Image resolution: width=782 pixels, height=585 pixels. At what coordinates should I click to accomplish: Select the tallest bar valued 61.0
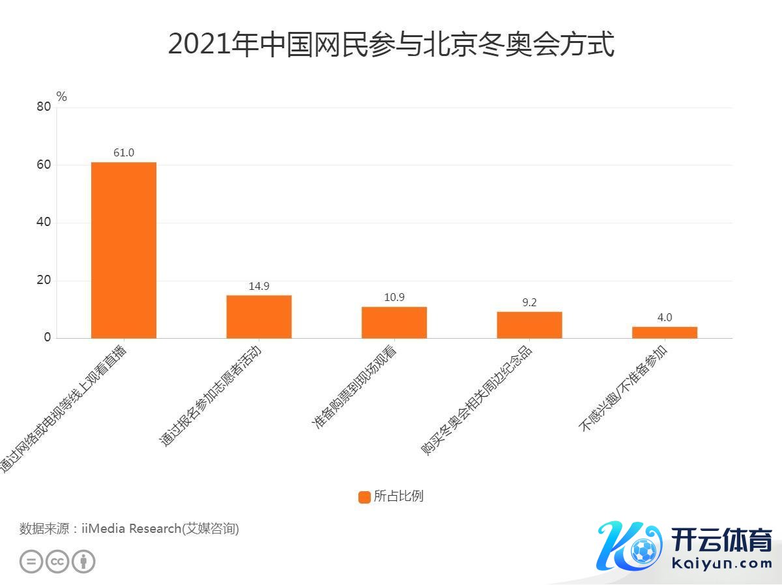point(124,250)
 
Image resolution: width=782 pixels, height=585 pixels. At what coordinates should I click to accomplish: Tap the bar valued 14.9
point(259,317)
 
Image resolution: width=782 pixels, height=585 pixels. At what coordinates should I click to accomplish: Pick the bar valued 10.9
point(394,322)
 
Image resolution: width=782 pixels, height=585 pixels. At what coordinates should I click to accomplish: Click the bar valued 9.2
point(529,325)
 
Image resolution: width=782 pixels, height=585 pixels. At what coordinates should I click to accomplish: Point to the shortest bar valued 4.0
point(664,332)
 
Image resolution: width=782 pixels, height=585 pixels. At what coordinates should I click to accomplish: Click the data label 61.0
point(124,153)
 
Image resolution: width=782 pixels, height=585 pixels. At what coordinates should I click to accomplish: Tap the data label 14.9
point(259,286)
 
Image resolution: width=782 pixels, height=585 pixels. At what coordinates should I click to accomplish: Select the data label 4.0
point(664,318)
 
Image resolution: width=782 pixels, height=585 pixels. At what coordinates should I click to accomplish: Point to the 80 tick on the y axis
point(44,107)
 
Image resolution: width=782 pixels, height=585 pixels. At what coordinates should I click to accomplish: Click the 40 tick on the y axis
point(44,223)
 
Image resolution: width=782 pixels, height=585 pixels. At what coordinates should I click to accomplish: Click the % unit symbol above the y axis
point(62,97)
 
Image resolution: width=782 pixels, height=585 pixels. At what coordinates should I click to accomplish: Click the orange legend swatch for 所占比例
point(364,496)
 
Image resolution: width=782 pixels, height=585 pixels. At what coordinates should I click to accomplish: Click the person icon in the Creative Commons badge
point(83,562)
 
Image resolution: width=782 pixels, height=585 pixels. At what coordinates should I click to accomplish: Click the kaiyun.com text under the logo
point(720,564)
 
